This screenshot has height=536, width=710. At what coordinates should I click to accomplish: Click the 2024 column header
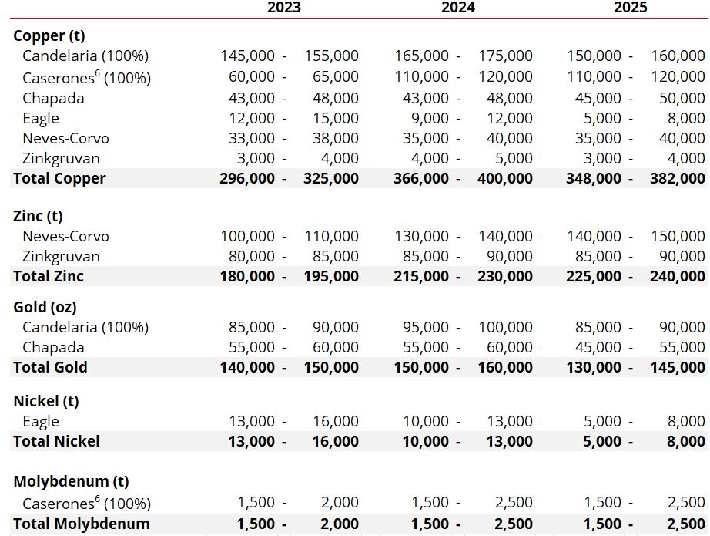(x=457, y=7)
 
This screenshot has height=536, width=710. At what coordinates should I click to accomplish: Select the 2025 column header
(x=631, y=7)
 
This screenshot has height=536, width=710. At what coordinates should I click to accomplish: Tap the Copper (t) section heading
(x=49, y=35)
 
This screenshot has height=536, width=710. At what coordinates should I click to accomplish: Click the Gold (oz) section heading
(x=45, y=307)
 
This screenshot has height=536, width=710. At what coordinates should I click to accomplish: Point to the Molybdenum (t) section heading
(x=71, y=481)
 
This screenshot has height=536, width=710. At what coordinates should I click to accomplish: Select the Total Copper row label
(x=59, y=178)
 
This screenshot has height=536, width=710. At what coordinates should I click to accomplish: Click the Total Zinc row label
(x=49, y=276)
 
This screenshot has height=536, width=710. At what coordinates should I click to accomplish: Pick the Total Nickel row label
(x=57, y=441)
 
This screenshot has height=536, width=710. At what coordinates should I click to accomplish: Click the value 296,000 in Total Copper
(x=247, y=178)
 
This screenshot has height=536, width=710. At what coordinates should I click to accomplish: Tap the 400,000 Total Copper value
(x=505, y=178)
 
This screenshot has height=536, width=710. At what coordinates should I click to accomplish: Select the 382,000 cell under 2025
(x=678, y=178)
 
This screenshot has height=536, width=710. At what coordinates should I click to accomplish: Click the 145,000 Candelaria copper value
(x=247, y=56)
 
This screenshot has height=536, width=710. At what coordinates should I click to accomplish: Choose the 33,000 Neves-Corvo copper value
(x=251, y=138)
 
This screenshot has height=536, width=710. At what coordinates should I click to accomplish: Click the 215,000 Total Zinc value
(x=421, y=276)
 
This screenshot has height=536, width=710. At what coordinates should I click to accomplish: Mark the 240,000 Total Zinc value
(x=678, y=276)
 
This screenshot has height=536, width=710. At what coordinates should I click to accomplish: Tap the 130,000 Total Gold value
(x=594, y=367)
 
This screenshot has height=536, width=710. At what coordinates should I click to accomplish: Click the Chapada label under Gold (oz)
(x=53, y=347)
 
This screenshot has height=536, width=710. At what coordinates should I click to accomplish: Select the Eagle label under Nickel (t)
(x=41, y=422)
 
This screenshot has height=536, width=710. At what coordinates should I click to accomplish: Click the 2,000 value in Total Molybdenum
(x=339, y=524)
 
